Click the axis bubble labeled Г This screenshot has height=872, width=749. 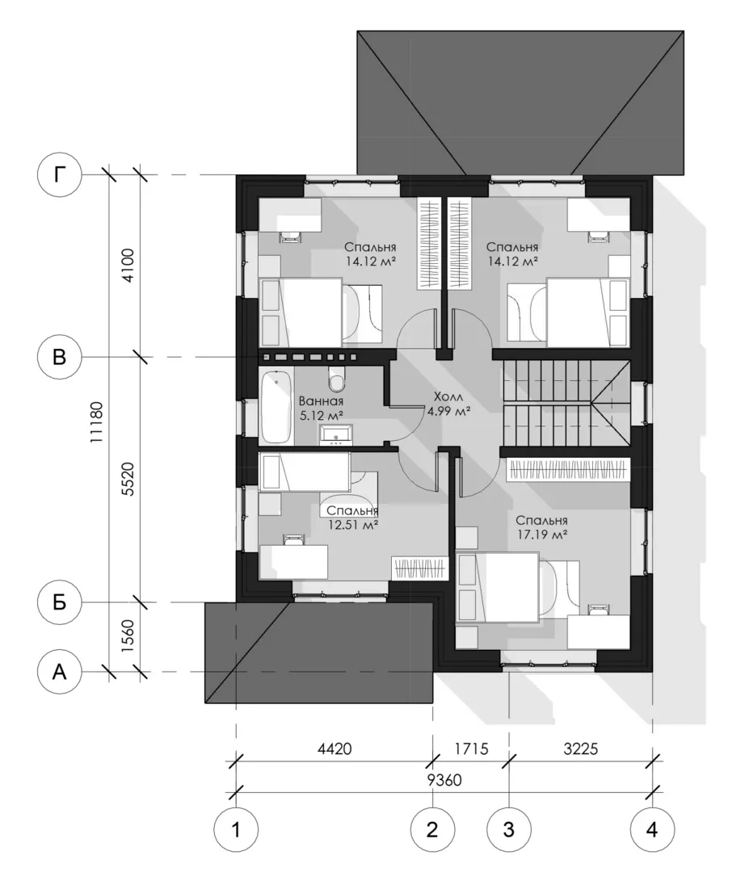(x=59, y=174)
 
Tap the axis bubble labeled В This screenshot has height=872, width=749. (x=59, y=357)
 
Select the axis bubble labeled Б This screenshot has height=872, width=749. (x=59, y=602)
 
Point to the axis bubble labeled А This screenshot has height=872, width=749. (x=59, y=672)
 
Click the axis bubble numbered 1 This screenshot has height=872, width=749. (x=236, y=830)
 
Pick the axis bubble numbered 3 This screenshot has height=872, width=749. (x=508, y=830)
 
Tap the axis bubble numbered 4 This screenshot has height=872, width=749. (x=652, y=830)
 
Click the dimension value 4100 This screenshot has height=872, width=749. (x=128, y=266)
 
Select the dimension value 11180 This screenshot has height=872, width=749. (x=97, y=422)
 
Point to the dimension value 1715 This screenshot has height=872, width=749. (x=471, y=748)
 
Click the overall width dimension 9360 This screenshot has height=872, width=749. (x=444, y=780)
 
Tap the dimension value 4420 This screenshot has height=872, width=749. (x=335, y=748)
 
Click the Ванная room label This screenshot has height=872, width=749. (x=321, y=401)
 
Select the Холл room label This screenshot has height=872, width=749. (x=448, y=397)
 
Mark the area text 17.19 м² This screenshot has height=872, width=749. (x=541, y=535)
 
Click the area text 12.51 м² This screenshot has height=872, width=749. (x=353, y=525)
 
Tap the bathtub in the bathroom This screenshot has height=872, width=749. (x=276, y=406)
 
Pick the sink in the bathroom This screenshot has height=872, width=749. (x=335, y=435)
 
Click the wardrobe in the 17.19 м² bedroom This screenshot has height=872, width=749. (x=567, y=469)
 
